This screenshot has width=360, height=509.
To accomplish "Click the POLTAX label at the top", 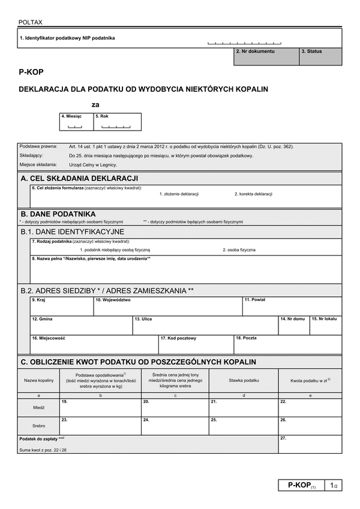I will (30, 22).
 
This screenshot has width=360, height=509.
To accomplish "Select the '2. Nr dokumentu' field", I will (266, 57).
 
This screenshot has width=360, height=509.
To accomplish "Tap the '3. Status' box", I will (321, 57).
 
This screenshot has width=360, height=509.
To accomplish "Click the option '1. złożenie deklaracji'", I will (179, 194).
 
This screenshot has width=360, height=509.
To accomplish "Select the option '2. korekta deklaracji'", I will (253, 194).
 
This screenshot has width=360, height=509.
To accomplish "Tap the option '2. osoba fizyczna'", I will (239, 249).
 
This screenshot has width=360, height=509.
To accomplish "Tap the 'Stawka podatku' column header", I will (244, 381).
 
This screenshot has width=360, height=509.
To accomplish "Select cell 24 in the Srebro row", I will (175, 426).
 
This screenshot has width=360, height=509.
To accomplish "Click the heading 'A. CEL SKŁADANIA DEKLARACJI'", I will (80, 178).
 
